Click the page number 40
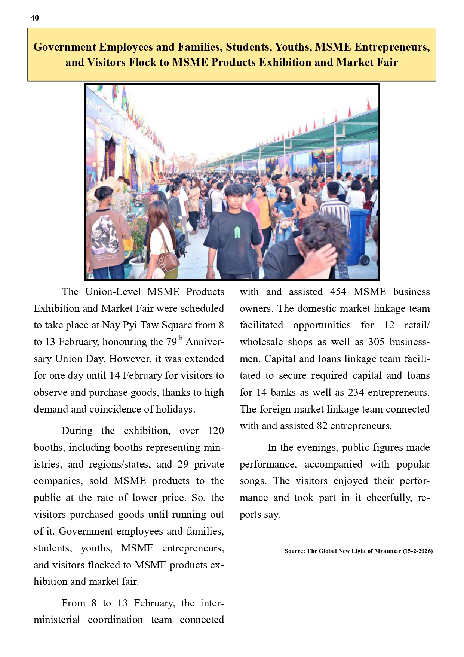pyautogui.click(x=34, y=18)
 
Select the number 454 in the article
pyautogui.click(x=338, y=292)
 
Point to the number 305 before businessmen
pyautogui.click(x=376, y=342)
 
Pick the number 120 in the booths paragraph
pyautogui.click(x=216, y=431)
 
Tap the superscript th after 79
pyautogui.click(x=180, y=338)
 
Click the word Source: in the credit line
pyautogui.click(x=295, y=551)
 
